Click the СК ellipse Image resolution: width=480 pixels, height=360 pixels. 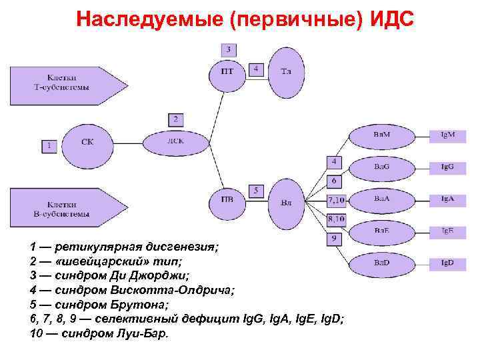(x=87, y=142)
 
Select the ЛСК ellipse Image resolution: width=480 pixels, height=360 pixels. (x=175, y=141)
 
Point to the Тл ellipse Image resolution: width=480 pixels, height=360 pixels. (x=286, y=71)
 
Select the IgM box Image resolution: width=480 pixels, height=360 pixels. (x=447, y=135)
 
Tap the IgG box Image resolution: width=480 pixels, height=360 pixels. (x=447, y=167)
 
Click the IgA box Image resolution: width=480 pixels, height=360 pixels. (x=447, y=199)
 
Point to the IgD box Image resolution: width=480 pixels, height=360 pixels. (x=447, y=263)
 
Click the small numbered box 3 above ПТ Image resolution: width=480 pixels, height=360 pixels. (x=229, y=49)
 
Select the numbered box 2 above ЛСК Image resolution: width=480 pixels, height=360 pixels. (x=176, y=119)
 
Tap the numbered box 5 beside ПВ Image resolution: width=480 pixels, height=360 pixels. (x=257, y=191)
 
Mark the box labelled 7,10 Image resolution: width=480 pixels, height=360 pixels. (x=335, y=199)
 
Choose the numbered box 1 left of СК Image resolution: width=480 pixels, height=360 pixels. (x=48, y=145)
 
